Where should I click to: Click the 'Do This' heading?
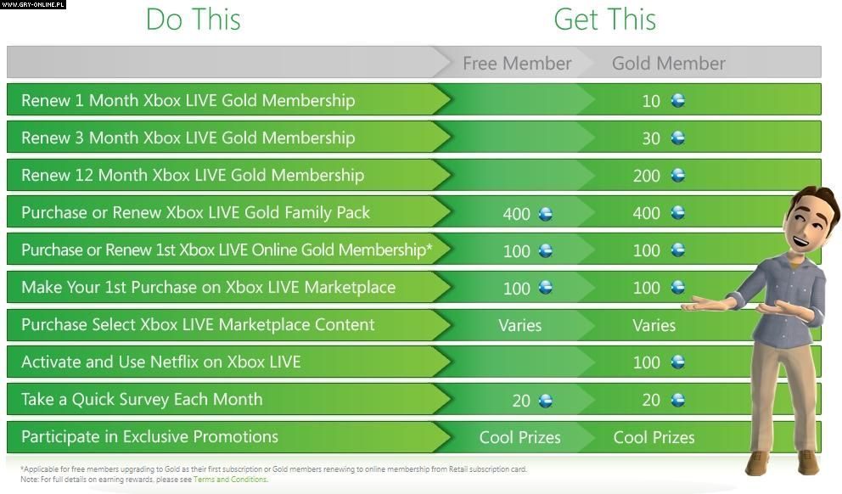(194, 20)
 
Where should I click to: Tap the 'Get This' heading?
(604, 20)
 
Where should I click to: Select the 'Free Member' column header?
(517, 64)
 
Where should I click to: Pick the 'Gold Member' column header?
(669, 64)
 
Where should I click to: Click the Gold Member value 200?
(647, 176)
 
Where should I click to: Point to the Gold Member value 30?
(651, 138)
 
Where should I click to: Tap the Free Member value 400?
(517, 214)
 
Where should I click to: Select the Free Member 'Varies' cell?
(519, 325)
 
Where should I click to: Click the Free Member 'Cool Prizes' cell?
(519, 438)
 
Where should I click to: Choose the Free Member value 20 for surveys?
(521, 401)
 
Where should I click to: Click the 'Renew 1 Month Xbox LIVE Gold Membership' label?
(188, 100)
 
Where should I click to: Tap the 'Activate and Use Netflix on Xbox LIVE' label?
(161, 362)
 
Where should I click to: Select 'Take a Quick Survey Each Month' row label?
(143, 400)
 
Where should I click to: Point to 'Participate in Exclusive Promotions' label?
(150, 436)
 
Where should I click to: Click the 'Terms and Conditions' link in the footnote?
(230, 480)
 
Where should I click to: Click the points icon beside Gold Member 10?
(678, 100)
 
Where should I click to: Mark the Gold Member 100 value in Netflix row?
(647, 362)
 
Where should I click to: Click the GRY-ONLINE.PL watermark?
(33, 4)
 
